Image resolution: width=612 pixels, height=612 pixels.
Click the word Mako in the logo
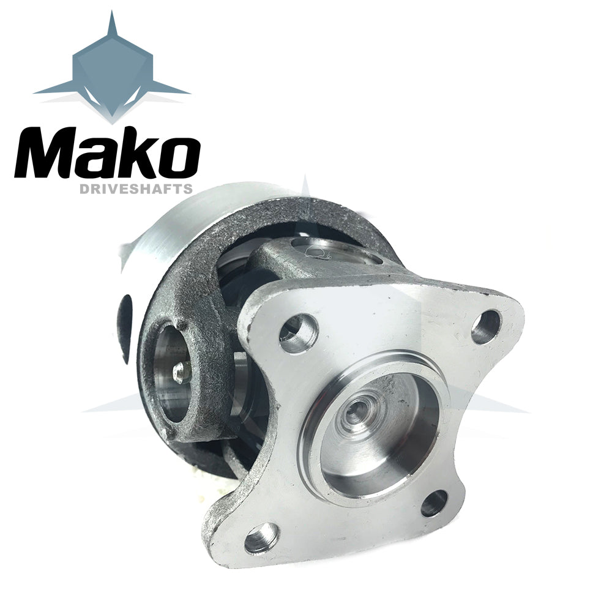point(107,153)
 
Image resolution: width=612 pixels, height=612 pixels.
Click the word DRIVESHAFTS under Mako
point(136,189)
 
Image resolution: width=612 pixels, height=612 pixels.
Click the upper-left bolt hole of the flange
point(299,333)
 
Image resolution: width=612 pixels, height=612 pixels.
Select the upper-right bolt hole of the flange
point(485,327)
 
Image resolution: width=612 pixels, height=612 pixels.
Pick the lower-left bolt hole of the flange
point(262,538)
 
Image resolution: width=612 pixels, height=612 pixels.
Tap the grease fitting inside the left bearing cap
point(181,372)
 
